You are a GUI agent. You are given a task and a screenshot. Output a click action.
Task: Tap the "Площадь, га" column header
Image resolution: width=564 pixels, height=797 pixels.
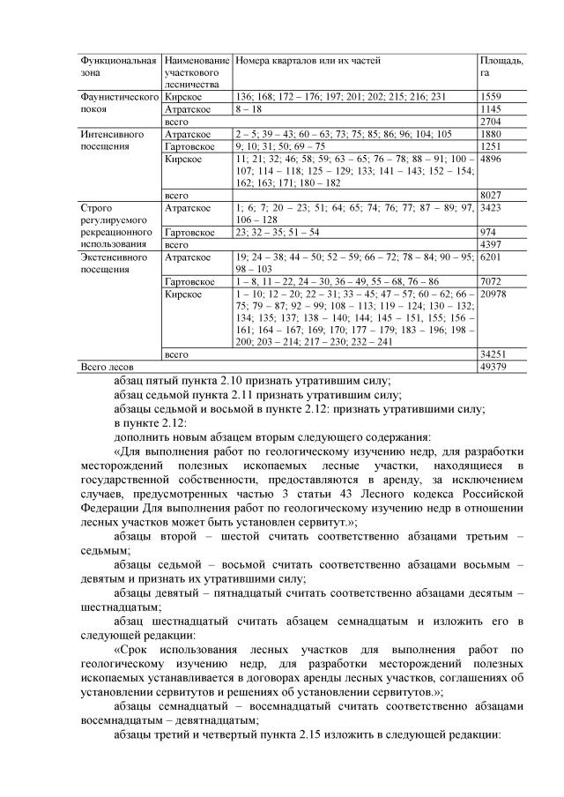click(501, 66)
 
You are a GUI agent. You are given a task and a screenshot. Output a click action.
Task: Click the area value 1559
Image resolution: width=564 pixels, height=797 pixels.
click(491, 96)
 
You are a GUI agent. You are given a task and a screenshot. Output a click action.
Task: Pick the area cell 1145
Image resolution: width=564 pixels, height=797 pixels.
click(491, 108)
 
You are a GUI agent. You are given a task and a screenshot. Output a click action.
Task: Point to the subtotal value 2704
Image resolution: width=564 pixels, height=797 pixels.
click(491, 121)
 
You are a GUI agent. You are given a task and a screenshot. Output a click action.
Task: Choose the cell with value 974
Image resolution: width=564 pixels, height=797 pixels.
click(488, 231)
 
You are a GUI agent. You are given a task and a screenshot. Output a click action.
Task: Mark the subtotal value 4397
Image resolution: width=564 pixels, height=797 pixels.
click(491, 243)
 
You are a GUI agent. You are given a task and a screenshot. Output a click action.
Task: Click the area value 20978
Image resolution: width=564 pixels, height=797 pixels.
click(493, 293)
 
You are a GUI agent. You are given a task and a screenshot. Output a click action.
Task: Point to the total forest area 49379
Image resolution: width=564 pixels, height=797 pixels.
click(493, 365)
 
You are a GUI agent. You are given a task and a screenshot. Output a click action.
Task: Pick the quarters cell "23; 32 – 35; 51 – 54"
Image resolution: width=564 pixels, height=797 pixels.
click(277, 231)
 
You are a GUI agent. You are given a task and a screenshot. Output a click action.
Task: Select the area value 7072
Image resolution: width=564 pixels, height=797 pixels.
click(491, 280)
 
